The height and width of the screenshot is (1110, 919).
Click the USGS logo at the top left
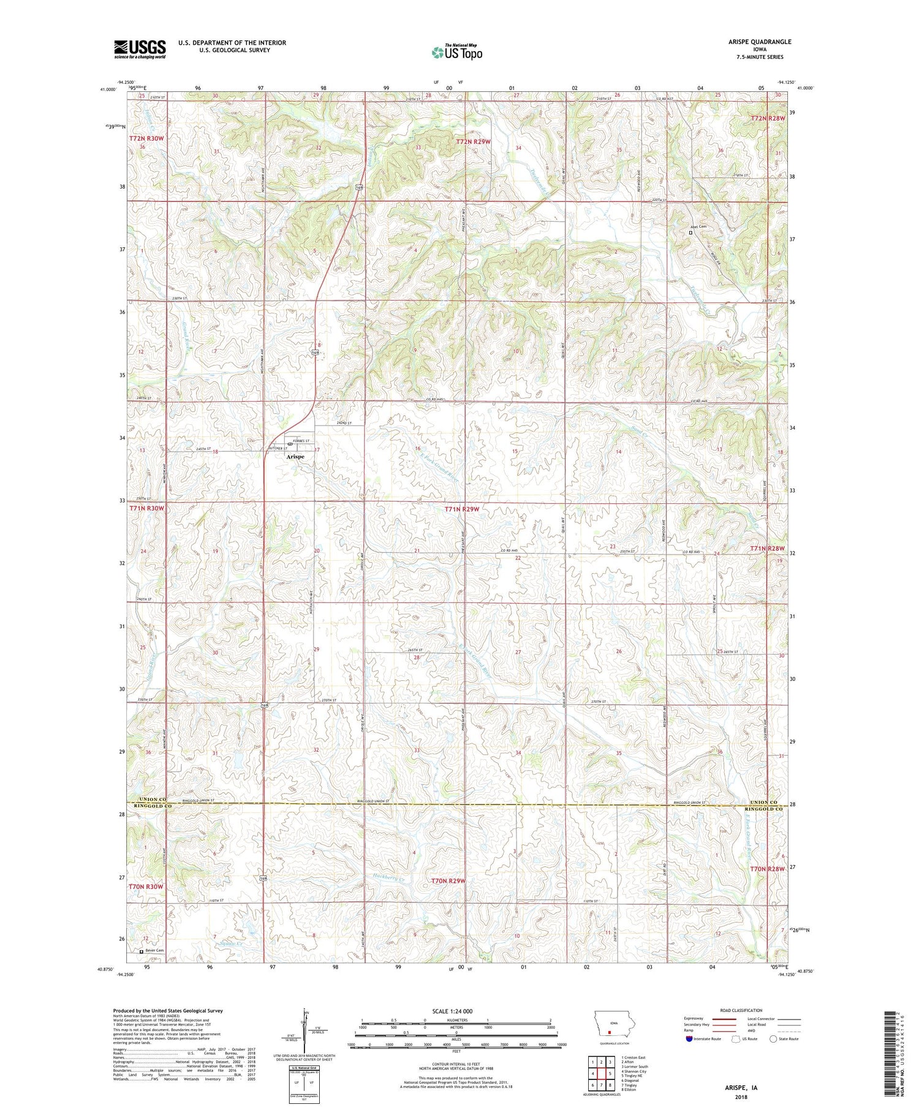tap(140, 49)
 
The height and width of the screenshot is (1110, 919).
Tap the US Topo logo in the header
tap(456, 53)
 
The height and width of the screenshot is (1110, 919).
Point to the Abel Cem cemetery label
tap(700, 227)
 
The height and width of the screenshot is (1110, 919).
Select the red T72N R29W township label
tap(474, 141)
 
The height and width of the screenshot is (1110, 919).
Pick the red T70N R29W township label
tap(448, 880)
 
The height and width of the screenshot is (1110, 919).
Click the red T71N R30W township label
tap(146, 508)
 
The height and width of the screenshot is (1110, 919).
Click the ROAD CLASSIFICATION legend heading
tap(741, 1010)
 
